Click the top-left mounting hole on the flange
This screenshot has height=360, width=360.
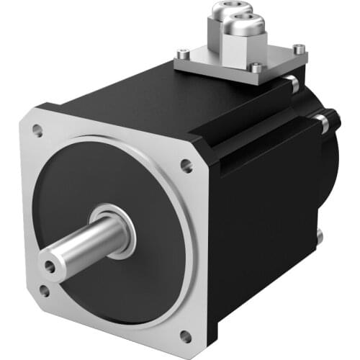(37, 131)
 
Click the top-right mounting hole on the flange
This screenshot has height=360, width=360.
(186, 166)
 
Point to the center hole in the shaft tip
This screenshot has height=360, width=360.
(49, 266)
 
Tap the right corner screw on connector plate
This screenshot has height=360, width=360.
(300, 49)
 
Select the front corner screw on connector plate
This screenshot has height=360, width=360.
(256, 68)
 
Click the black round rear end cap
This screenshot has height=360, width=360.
(333, 173)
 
